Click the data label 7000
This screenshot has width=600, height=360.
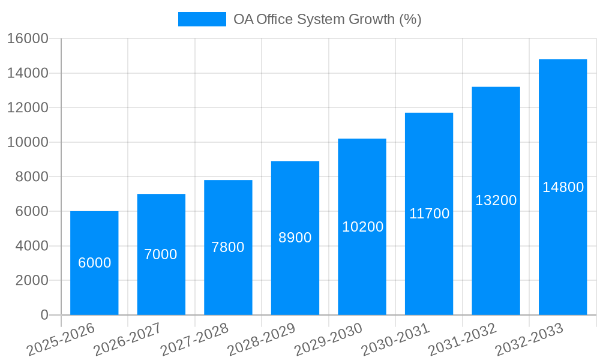point(161,254)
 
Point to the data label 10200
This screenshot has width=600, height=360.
point(362,227)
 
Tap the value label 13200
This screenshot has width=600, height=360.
point(496,200)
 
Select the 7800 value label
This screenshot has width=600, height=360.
point(228,247)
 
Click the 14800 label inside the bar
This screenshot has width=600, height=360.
point(563,187)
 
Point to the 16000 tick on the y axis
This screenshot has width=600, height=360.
point(28,39)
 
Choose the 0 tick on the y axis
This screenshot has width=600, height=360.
point(44,315)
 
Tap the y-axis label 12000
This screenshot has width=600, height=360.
point(28,108)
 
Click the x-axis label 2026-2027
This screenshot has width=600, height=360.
point(127,340)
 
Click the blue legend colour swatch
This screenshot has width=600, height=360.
point(202,19)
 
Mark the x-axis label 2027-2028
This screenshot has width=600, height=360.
point(194,340)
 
